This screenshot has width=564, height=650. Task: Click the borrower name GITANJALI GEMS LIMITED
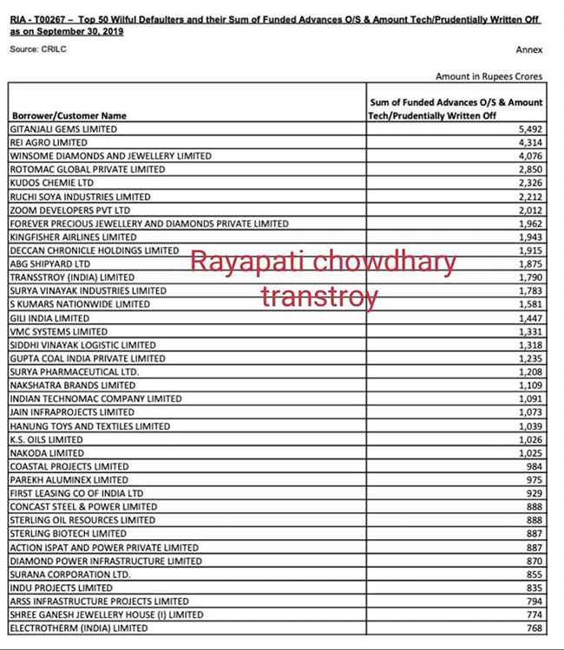tap(62, 129)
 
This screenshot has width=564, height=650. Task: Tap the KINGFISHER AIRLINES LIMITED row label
tap(73, 237)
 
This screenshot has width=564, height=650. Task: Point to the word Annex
tap(528, 50)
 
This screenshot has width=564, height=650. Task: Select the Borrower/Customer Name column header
tap(69, 115)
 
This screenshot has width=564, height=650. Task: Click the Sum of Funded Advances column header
tap(456, 108)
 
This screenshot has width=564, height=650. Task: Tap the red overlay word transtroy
tap(319, 297)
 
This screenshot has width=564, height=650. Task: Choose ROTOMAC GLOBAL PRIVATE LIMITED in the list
tap(87, 169)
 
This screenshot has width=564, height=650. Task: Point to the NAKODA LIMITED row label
tap(47, 452)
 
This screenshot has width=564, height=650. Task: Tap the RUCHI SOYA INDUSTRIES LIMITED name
tap(80, 197)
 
